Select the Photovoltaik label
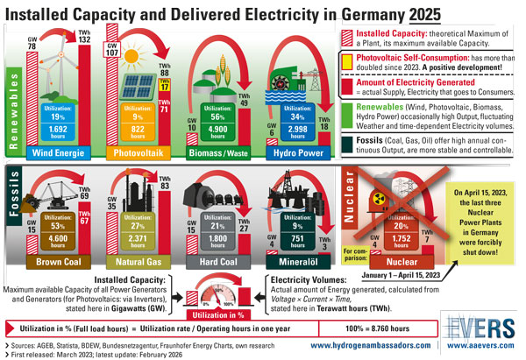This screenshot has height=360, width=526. click(139, 152)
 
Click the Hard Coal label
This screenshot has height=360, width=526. click(215, 262)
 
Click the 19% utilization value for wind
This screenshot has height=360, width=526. click(58, 117)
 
